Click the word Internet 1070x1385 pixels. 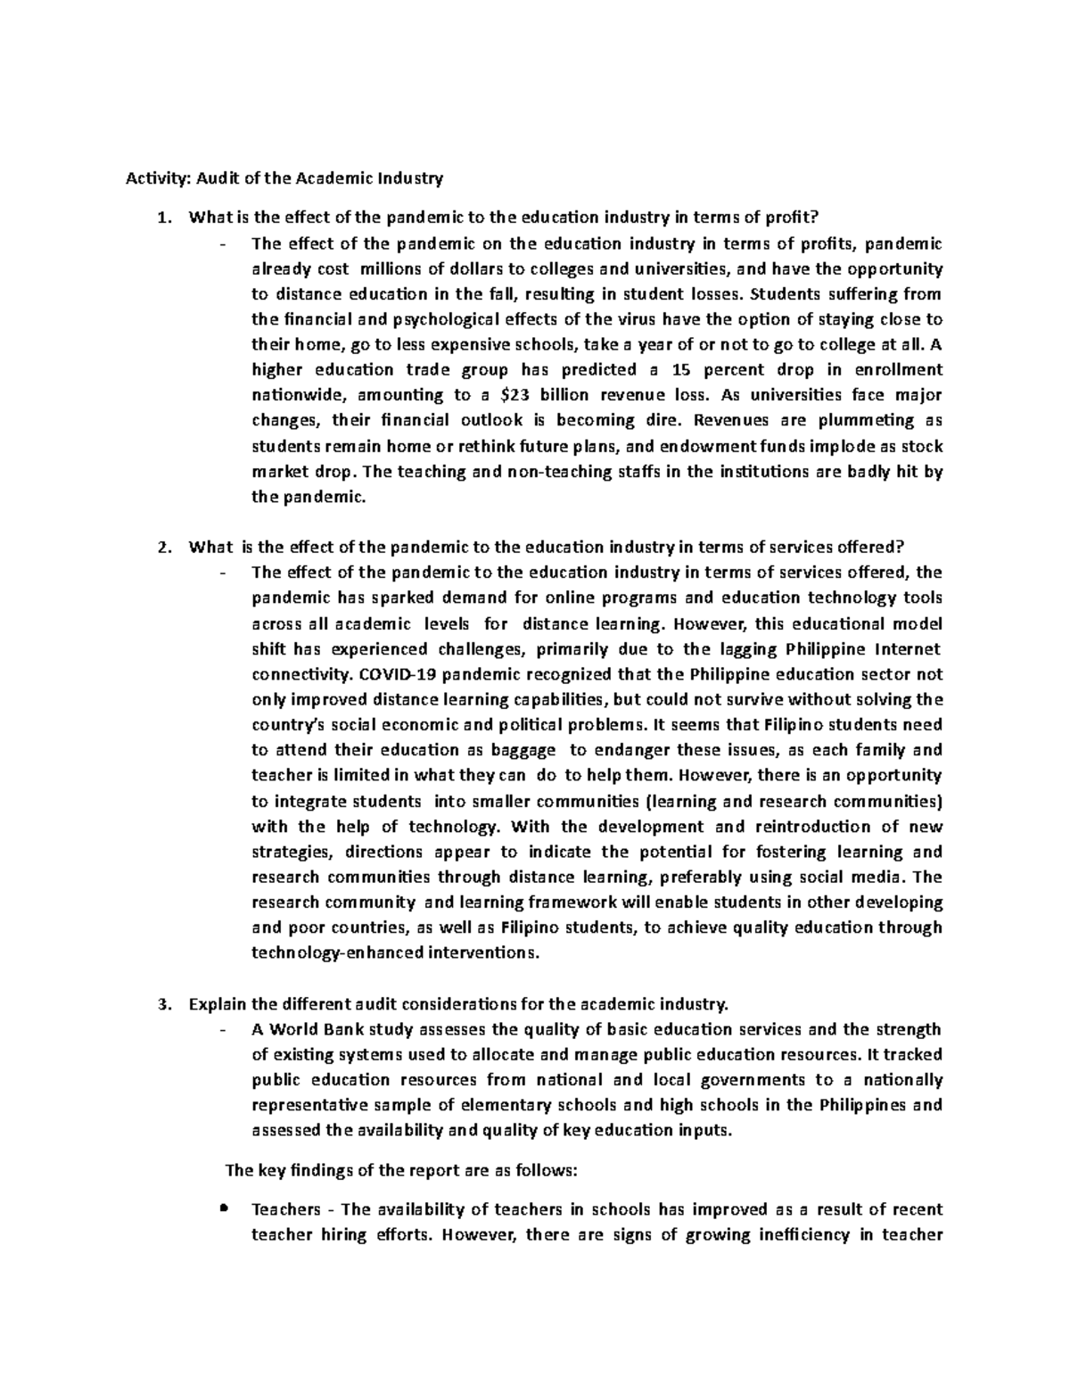pyautogui.click(x=906, y=648)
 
